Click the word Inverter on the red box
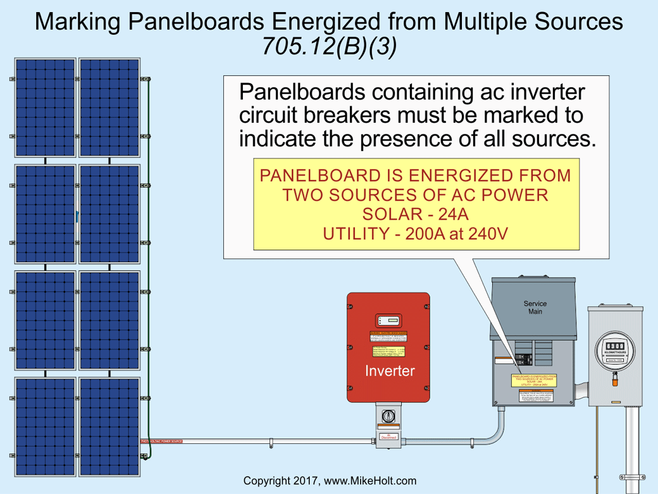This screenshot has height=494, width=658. [x=389, y=371]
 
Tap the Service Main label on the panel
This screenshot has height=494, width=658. [x=535, y=308]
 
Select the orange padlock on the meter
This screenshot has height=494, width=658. [x=615, y=378]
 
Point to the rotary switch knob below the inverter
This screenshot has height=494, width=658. [x=388, y=417]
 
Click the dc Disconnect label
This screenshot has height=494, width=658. [x=388, y=436]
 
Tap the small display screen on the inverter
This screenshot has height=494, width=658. [x=388, y=320]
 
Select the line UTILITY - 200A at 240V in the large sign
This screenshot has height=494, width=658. [x=416, y=234]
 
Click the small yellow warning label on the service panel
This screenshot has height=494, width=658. [x=535, y=380]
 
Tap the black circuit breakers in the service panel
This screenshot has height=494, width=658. [x=524, y=353]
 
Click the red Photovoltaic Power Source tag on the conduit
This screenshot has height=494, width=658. [x=161, y=440]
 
